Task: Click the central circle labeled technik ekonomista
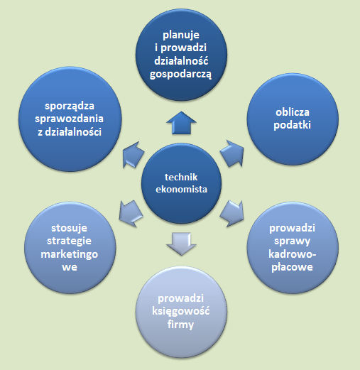(x=181, y=183)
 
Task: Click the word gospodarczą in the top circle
(x=180, y=75)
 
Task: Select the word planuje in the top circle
(x=181, y=36)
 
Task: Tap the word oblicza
(x=293, y=112)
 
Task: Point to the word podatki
(x=292, y=125)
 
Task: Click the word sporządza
(x=70, y=106)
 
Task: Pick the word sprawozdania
(x=69, y=119)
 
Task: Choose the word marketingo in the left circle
(x=70, y=255)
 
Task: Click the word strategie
(x=69, y=241)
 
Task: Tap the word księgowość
(x=181, y=311)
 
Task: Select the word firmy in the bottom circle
(x=181, y=325)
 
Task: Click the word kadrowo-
(x=293, y=254)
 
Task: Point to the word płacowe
(x=292, y=267)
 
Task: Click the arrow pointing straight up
(x=181, y=123)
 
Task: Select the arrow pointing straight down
(x=181, y=244)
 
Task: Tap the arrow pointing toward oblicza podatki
(x=232, y=153)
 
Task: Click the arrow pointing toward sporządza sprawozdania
(x=133, y=155)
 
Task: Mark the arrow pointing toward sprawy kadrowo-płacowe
(x=232, y=214)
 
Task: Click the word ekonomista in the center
(x=181, y=190)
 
